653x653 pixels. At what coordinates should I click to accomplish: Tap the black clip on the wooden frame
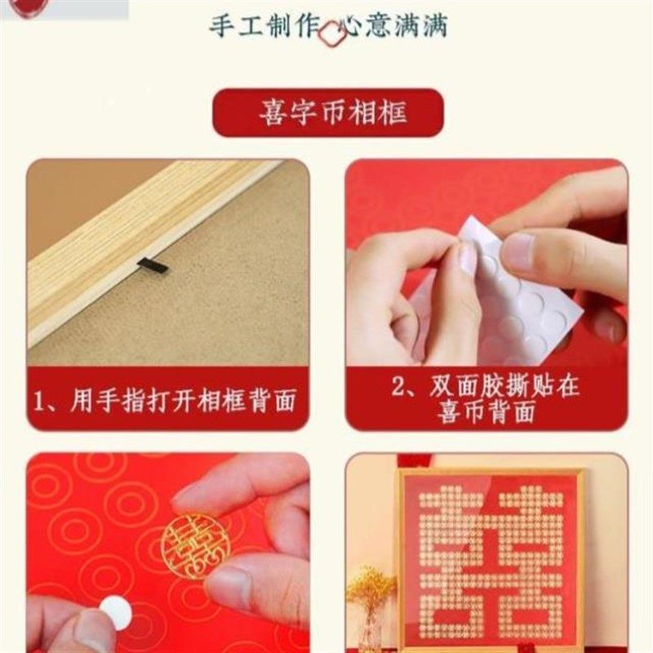(x=152, y=265)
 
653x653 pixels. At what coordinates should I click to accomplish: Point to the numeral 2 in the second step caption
(x=399, y=386)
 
